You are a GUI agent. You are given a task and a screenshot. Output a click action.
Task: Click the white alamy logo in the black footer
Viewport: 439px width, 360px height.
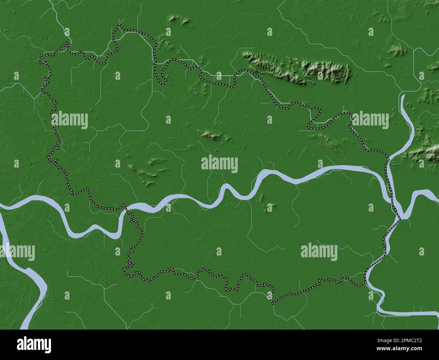pos(34,344)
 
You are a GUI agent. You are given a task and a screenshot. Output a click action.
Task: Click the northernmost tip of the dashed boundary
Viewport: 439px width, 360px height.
pos(119,25)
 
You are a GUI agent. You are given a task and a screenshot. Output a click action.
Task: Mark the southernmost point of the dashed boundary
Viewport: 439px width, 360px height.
pos(273,303)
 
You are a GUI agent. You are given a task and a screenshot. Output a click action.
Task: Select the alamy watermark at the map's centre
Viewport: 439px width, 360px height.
pos(219,164)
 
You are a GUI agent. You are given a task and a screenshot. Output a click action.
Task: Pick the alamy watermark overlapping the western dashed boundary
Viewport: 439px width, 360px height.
pos(70,120)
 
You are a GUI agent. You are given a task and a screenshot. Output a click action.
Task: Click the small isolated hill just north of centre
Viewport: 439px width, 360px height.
pos(211,135)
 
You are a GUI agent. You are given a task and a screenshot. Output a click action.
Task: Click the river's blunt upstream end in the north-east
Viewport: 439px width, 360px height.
pos(403,96)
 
